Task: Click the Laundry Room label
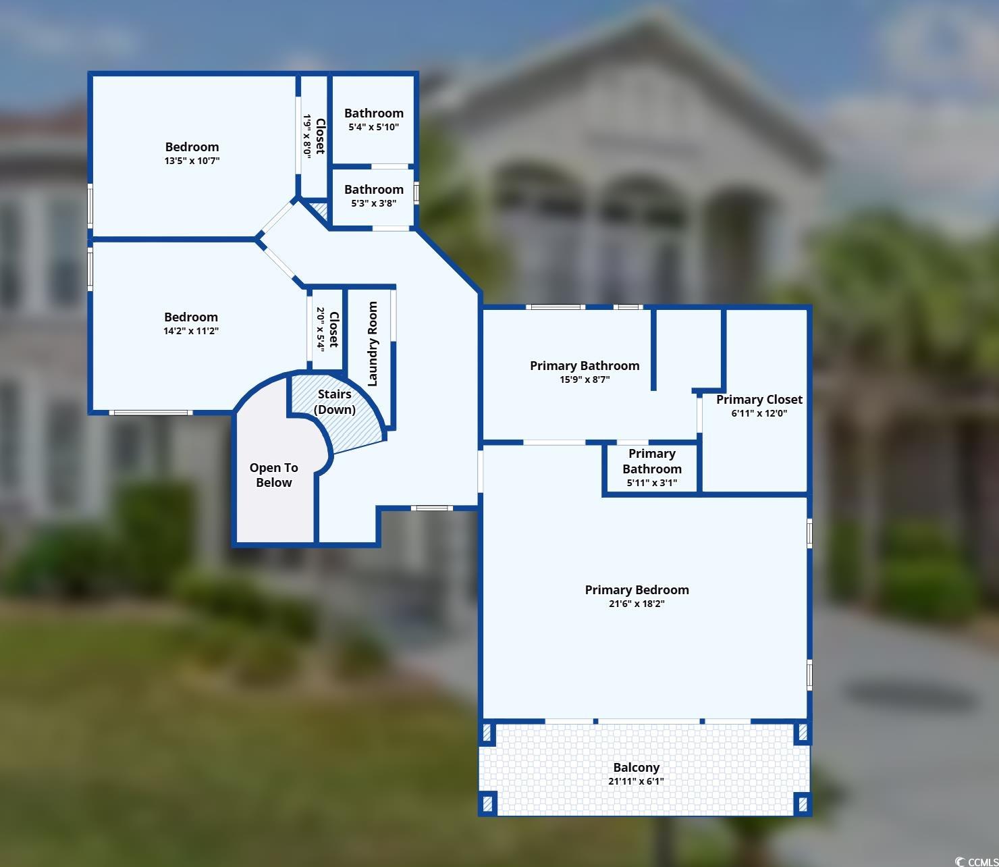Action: coord(373,344)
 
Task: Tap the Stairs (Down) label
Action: coord(335,402)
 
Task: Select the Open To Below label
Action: coord(273,475)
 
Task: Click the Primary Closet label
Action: coord(759,399)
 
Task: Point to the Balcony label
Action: coord(637,767)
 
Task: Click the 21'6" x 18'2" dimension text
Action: coord(637,604)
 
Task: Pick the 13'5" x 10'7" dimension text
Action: coord(192,161)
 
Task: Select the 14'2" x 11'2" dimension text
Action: coord(191,331)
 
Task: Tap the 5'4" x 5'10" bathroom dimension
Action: coord(374,127)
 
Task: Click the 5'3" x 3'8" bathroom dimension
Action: coord(374,203)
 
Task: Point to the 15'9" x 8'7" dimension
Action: coord(585,379)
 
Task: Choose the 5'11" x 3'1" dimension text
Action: coord(652,483)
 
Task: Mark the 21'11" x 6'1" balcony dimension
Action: coord(637,781)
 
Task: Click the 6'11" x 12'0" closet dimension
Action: coord(759,413)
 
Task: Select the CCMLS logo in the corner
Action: coord(975,861)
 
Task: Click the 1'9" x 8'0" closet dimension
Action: coord(307,135)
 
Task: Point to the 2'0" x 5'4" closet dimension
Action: coord(320,329)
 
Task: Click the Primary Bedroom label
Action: coord(637,589)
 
